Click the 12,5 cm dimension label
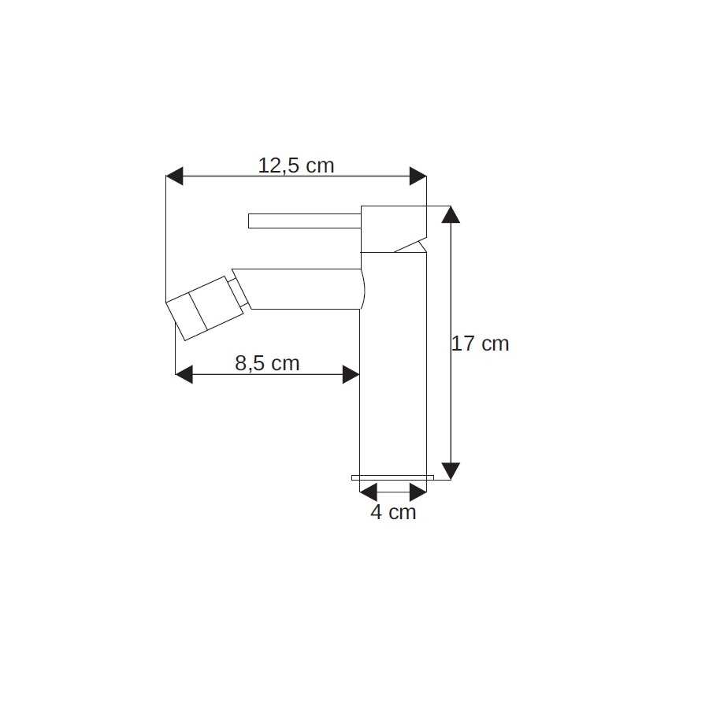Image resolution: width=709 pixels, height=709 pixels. click(295, 165)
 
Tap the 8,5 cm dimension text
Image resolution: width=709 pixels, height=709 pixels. click(267, 363)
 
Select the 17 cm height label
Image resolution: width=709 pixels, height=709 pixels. click(481, 343)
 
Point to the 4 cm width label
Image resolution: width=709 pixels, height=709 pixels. click(393, 512)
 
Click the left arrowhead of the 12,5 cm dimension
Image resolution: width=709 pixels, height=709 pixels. click(175, 176)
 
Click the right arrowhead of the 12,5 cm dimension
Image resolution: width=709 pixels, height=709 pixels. click(418, 176)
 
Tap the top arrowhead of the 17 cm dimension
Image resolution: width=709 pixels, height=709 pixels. click(451, 214)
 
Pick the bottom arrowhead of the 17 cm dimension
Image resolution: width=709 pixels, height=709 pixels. click(451, 471)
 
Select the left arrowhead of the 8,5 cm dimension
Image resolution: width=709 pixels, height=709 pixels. click(184, 374)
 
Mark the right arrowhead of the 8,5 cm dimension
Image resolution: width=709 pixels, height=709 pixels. click(351, 374)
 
